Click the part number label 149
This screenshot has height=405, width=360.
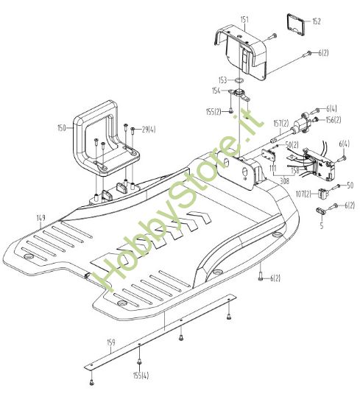click(41, 217)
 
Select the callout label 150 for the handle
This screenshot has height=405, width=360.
click(62, 128)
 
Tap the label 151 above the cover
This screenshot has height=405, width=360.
click(244, 19)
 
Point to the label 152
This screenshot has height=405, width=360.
click(317, 21)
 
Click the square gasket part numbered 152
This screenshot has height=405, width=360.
click(296, 24)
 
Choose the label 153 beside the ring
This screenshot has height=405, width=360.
click(222, 80)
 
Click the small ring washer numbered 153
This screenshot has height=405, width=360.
click(239, 80)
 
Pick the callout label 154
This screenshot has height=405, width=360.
click(216, 91)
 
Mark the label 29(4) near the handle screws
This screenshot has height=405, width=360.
click(149, 130)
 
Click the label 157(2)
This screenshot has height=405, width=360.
click(281, 124)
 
